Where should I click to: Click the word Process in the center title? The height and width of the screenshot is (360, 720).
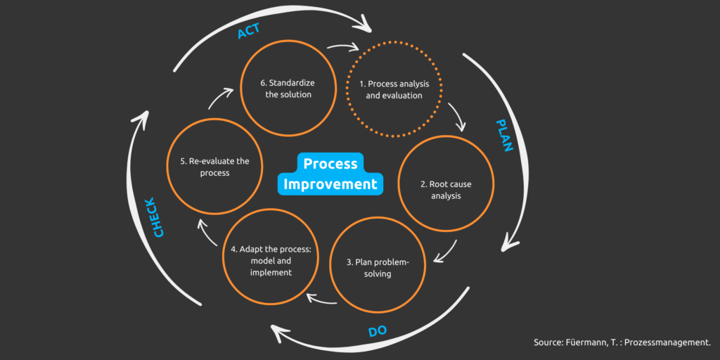point(330,164)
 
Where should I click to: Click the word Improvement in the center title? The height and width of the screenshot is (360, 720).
point(330,184)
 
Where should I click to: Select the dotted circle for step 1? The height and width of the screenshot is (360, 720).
point(394,90)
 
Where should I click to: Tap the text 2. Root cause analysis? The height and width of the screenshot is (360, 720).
point(446,190)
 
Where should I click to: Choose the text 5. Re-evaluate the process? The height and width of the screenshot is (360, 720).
point(210,167)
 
